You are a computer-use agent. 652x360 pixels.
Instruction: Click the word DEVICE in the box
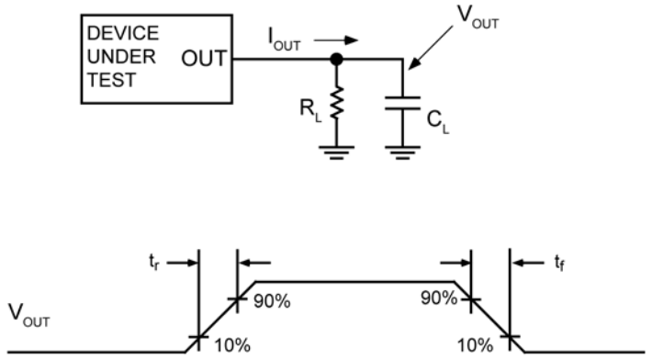[x=121, y=34]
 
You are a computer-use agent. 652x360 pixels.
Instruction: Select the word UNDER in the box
[x=119, y=57]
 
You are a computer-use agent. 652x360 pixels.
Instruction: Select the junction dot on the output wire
[x=337, y=59]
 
